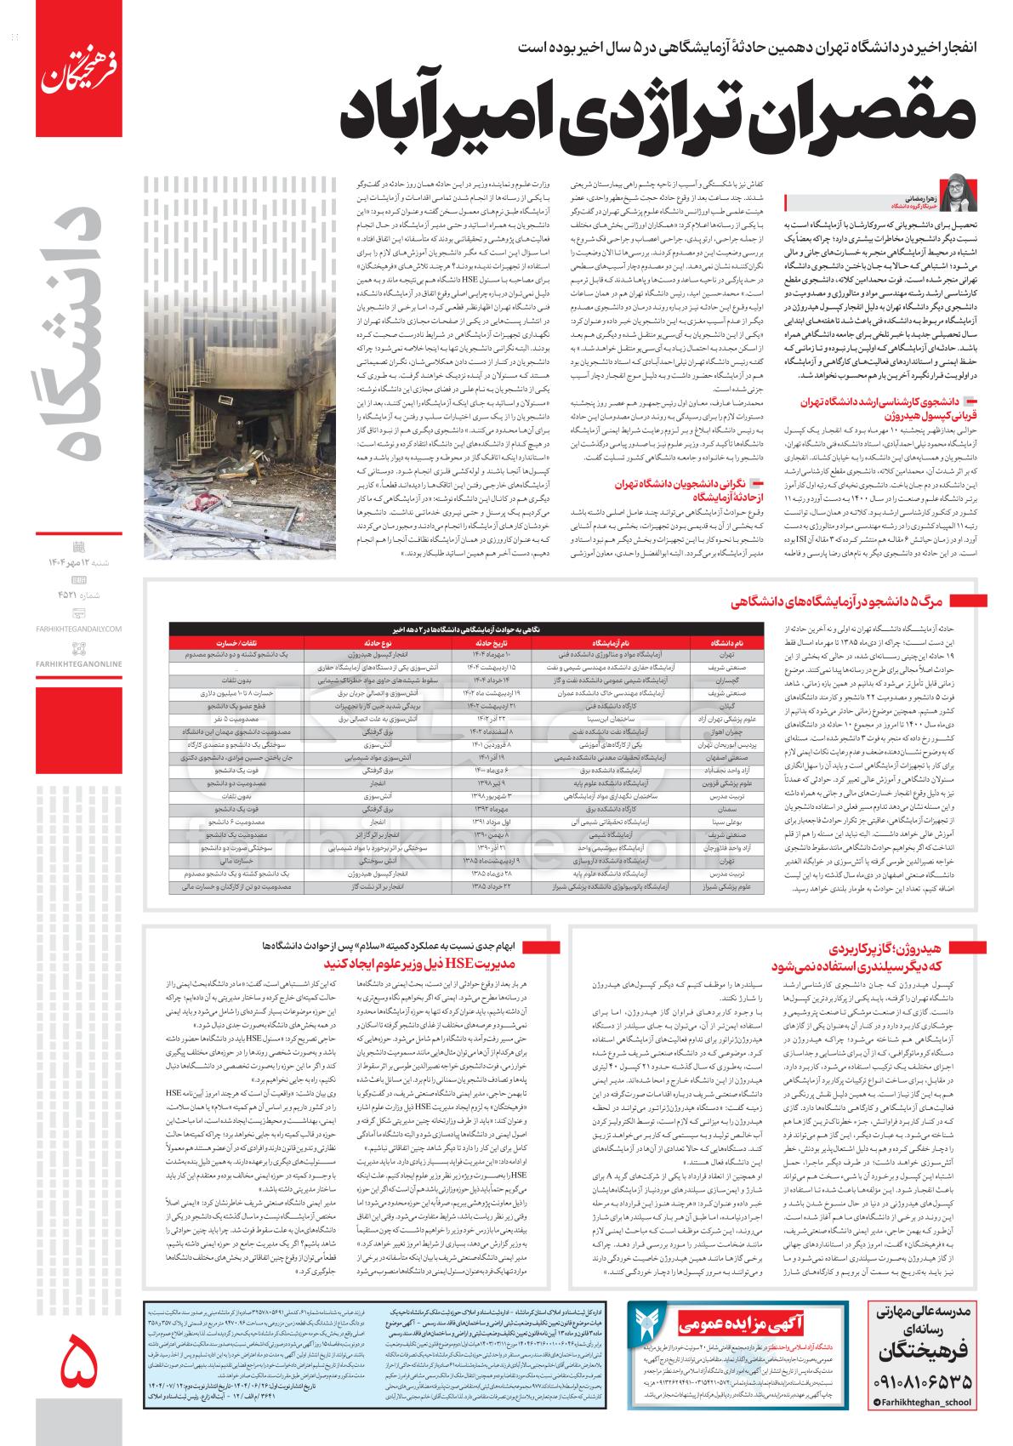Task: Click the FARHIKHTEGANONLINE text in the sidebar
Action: pos(80,663)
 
